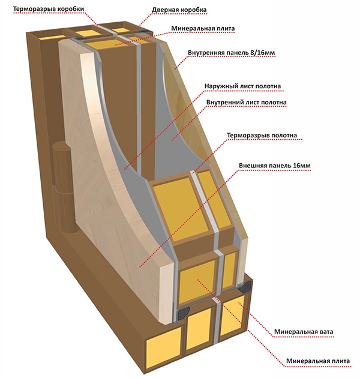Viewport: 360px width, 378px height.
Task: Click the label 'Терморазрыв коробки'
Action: coord(49,9)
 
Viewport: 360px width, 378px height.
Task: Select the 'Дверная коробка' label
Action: coord(179,10)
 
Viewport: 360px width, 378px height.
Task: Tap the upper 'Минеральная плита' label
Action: coord(203,28)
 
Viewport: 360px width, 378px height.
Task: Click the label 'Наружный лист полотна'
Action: coord(243,86)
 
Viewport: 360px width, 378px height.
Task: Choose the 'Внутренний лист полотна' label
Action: coord(247,103)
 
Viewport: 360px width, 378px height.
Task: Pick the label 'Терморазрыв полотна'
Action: coord(262,135)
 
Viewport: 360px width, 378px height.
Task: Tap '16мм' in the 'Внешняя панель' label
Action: coord(302,166)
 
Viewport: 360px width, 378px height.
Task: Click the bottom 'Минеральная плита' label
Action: coord(318,361)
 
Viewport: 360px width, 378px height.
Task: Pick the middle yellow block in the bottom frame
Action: coord(200,325)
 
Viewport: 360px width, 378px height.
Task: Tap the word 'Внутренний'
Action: coord(225,103)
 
